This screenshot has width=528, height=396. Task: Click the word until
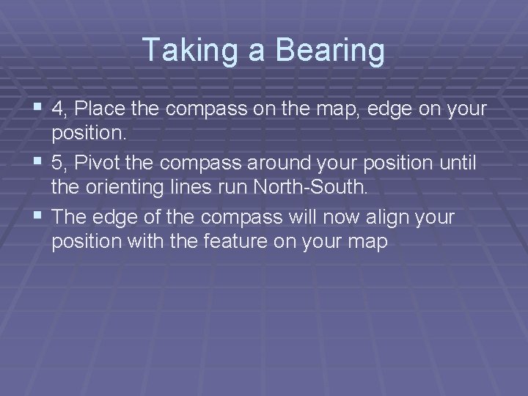[x=454, y=164]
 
